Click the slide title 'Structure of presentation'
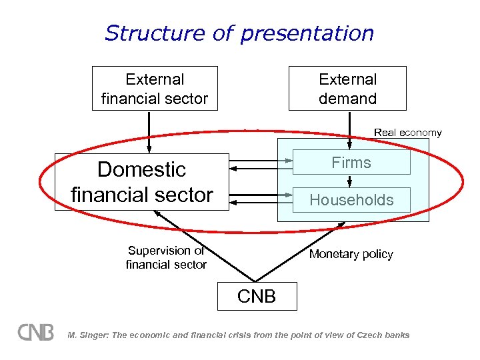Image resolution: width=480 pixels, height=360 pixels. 239,33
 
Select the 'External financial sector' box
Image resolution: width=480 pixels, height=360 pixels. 155,89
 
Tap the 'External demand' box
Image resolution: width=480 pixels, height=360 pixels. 347,89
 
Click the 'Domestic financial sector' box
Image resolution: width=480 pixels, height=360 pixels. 141,182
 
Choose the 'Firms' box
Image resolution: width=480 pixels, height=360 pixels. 351,163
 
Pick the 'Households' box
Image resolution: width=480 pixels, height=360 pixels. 351,200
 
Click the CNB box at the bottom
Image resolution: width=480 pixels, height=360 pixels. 257,296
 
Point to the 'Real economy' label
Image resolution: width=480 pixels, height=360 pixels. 407,133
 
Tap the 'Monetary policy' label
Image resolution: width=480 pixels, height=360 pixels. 351,254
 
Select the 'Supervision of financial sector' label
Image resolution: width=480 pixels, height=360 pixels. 166,258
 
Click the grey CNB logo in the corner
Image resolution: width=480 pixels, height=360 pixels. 36,332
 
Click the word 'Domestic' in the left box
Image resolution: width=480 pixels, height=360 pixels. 141,169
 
